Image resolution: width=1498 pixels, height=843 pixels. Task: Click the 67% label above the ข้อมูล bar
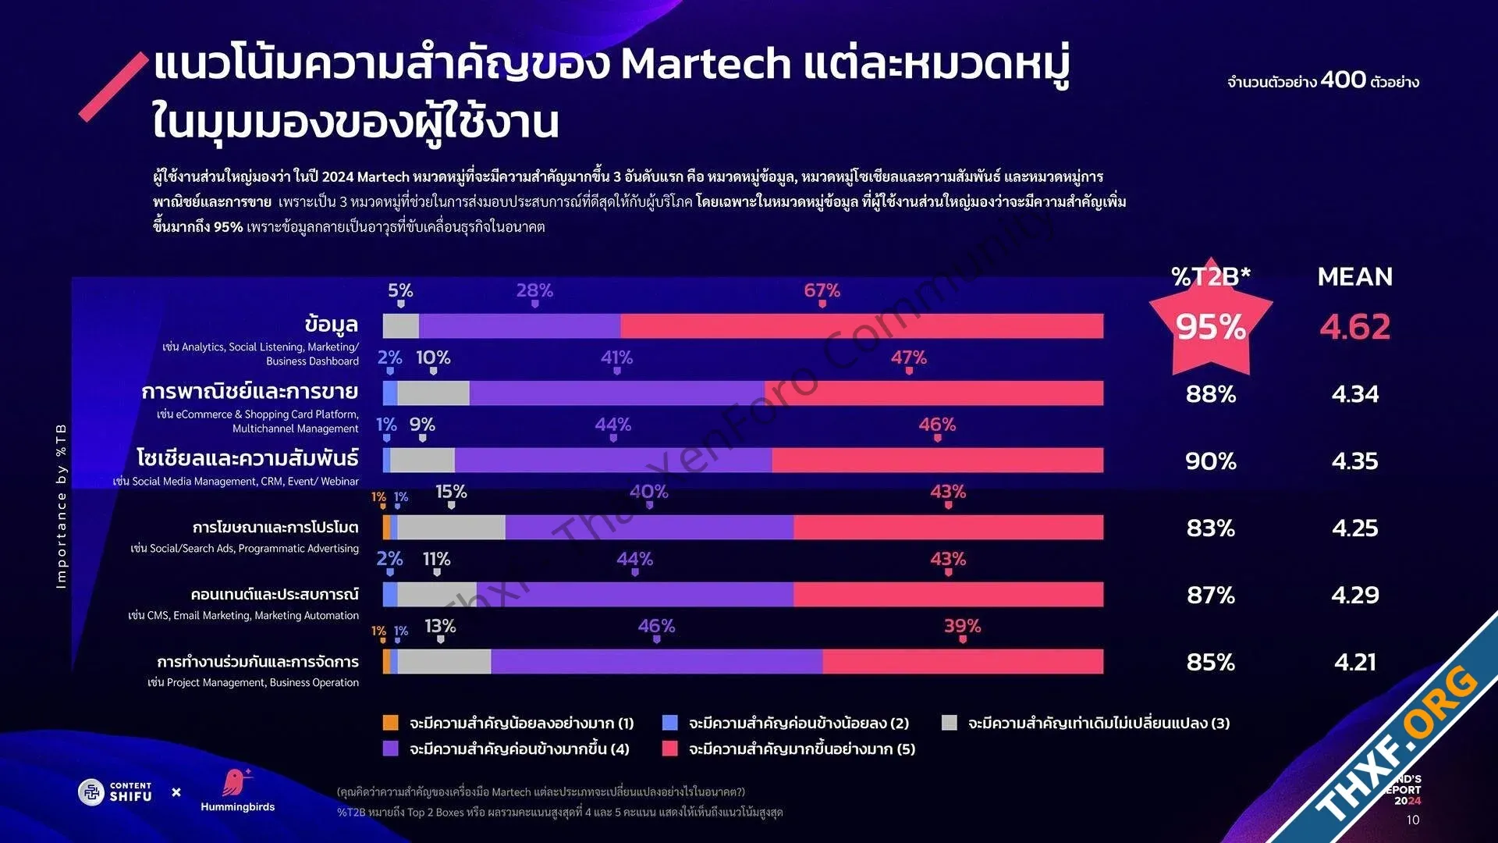coord(822,290)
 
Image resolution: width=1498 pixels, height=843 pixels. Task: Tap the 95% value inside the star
coord(1210,327)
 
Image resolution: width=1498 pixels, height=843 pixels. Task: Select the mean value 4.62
coord(1354,327)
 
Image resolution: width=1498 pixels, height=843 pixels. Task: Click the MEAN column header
coord(1354,277)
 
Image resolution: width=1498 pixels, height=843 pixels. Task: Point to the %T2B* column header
coord(1210,276)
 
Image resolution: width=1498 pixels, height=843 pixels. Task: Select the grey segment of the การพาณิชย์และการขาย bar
coord(433,393)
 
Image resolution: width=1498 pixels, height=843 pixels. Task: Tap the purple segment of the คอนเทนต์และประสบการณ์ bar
coord(634,595)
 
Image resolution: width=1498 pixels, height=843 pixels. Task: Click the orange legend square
coord(391,723)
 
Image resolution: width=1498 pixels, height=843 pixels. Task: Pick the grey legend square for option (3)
coord(949,723)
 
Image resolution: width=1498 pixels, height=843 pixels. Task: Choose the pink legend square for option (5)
coord(669,749)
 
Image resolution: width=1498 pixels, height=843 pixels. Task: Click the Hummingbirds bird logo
coord(235,782)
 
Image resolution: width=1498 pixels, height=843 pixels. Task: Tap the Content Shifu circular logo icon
coord(91,792)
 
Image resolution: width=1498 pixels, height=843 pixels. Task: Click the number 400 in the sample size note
coord(1343,80)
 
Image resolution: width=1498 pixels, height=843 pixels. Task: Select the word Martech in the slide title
coord(705,63)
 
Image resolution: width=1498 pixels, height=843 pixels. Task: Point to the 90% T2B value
coord(1210,461)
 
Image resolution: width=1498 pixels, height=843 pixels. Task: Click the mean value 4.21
coord(1354,663)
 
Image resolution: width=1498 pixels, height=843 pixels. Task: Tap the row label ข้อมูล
coord(331,324)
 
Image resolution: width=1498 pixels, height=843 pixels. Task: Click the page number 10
coord(1413,820)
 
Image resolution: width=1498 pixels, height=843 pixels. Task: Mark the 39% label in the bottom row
coord(962,626)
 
